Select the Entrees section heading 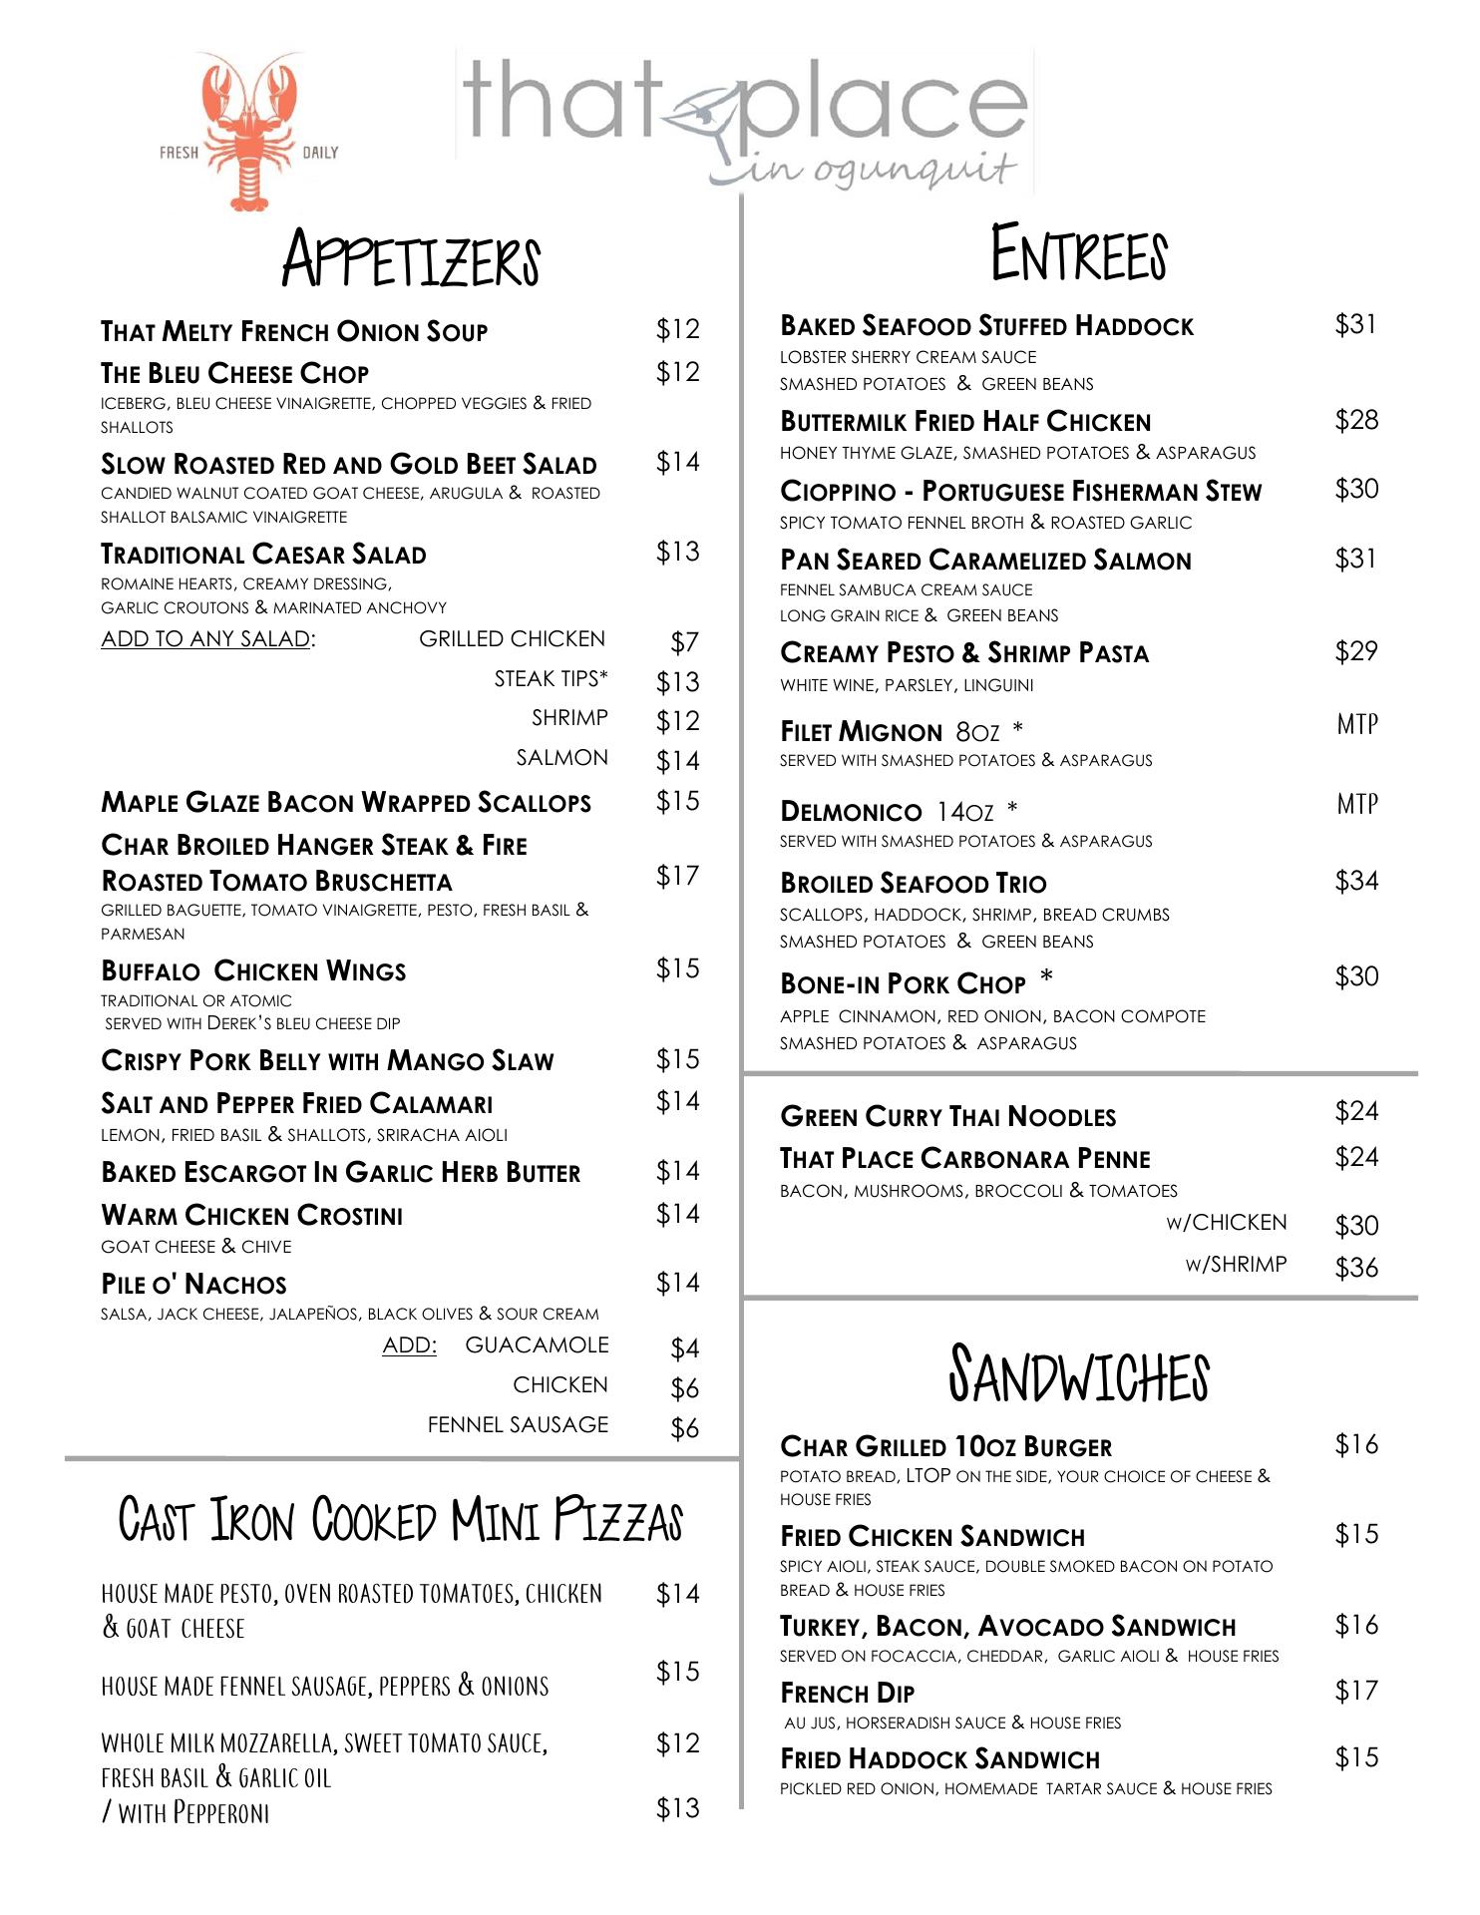pyautogui.click(x=1079, y=254)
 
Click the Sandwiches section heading pyautogui.click(x=1079, y=1374)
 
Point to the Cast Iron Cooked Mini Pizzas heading pyautogui.click(x=401, y=1520)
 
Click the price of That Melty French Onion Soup pyautogui.click(x=678, y=329)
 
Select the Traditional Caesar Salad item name pyautogui.click(x=263, y=555)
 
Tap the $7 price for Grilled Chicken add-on pyautogui.click(x=684, y=642)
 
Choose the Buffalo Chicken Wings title pyautogui.click(x=253, y=971)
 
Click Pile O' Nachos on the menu pyautogui.click(x=193, y=1285)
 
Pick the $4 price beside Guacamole pyautogui.click(x=684, y=1348)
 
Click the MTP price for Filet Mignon pyautogui.click(x=1356, y=724)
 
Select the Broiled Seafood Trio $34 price pyautogui.click(x=1356, y=881)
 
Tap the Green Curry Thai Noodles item pyautogui.click(x=947, y=1117)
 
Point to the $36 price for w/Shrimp pyautogui.click(x=1356, y=1268)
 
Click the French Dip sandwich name pyautogui.click(x=847, y=1694)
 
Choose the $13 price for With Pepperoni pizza pyautogui.click(x=678, y=1808)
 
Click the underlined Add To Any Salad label pyautogui.click(x=207, y=639)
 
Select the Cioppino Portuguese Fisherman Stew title pyautogui.click(x=1020, y=492)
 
